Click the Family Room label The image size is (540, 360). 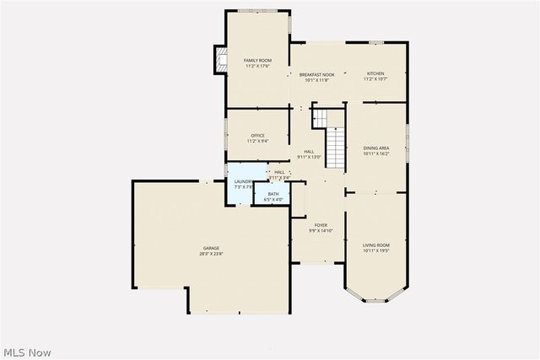tap(257, 61)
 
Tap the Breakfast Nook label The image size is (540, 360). tap(317, 74)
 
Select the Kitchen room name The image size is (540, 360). tap(375, 73)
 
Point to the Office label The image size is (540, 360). tap(257, 136)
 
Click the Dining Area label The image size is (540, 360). tap(375, 148)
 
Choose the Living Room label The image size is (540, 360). tap(375, 245)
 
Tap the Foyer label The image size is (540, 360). tap(321, 225)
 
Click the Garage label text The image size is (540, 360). tap(210, 248)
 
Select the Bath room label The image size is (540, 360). tap(273, 194)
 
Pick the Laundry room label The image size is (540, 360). tap(243, 181)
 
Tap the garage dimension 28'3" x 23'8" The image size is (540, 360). tap(210, 254)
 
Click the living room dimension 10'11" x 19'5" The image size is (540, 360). tap(375, 251)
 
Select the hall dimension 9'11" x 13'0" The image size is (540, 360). tap(310, 158)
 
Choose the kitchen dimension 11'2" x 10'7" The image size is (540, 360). tap(375, 79)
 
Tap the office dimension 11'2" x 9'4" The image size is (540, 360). tap(257, 142)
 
